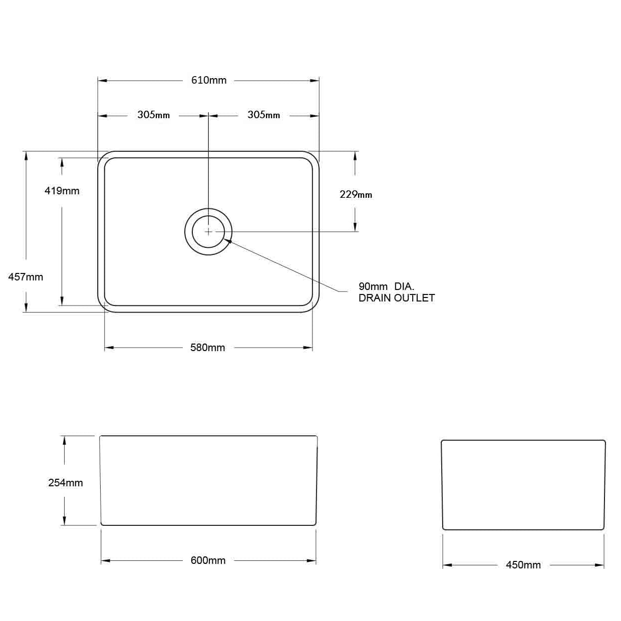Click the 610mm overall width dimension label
pos(209,80)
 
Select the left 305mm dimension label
pos(153,115)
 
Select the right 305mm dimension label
pos(263,115)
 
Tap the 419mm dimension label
pos(62,191)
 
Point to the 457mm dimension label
pos(26,277)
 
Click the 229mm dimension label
pos(356,194)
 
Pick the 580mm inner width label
pos(207,348)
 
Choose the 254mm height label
pos(65,483)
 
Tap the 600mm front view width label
pos(208,560)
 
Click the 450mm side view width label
pos(523,565)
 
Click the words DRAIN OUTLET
pos(397,298)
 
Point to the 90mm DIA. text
pos(386,286)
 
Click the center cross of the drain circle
pos(208,232)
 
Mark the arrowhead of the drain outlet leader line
pos(227,241)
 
